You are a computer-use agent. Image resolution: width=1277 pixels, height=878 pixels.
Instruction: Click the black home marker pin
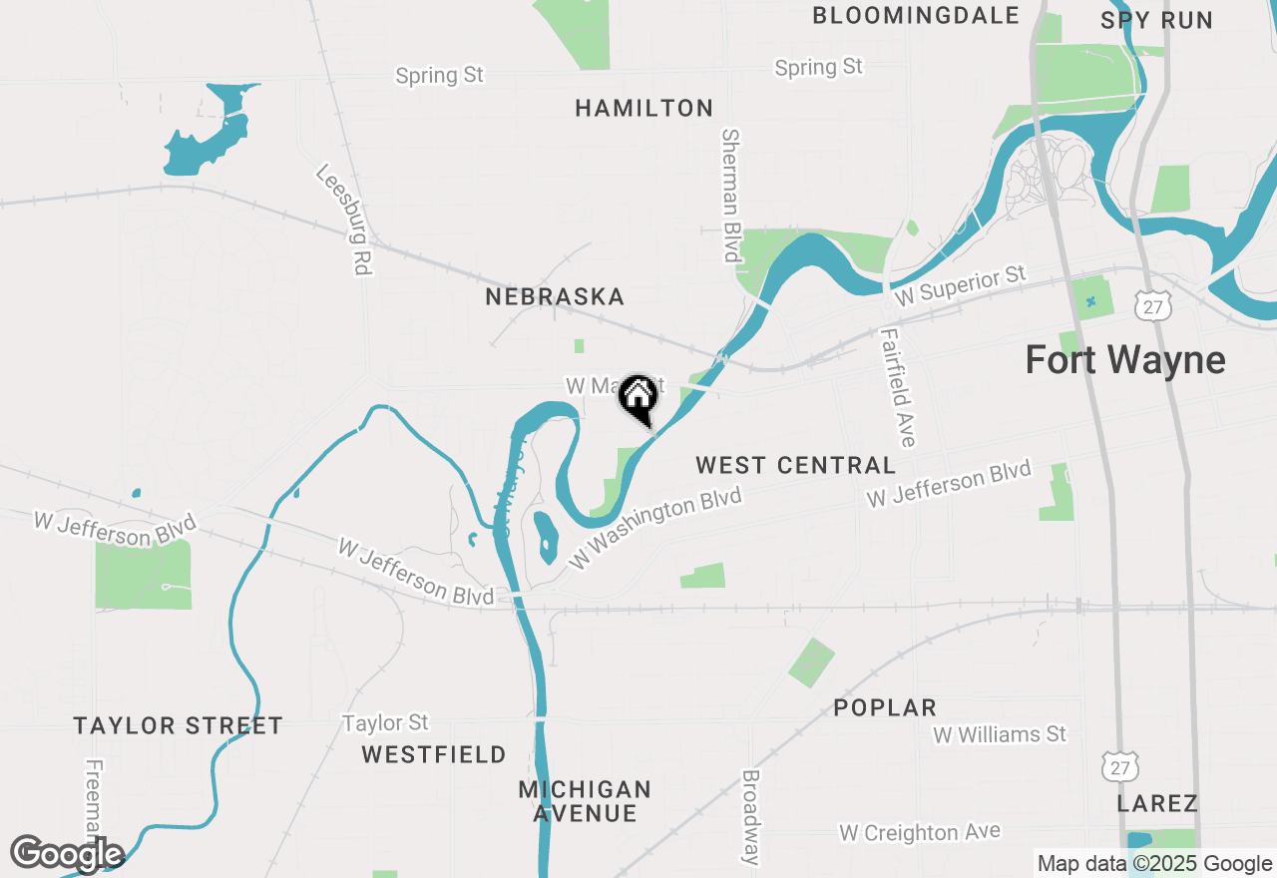point(638,399)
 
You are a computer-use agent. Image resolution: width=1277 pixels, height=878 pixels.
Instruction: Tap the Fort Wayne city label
point(1125,360)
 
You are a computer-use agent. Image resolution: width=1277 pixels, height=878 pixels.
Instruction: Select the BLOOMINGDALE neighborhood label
point(916,16)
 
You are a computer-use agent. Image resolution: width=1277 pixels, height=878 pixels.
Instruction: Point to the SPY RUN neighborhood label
point(1156,20)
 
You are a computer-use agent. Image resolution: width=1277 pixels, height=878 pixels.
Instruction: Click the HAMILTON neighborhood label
point(644,108)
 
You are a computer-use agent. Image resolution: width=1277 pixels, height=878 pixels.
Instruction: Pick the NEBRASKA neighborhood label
point(555,297)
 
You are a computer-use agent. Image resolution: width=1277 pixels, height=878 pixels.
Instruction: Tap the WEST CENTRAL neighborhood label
point(795,465)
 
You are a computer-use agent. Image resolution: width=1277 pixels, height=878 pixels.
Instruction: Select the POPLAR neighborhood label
point(885,707)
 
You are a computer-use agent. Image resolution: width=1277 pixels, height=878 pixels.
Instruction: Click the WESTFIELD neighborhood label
point(434,754)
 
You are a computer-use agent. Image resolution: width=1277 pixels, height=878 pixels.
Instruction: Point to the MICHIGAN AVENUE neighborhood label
point(585,801)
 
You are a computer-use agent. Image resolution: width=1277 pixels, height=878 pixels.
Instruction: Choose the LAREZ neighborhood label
point(1157,803)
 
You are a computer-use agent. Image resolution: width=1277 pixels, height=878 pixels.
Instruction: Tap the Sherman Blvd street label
point(731,196)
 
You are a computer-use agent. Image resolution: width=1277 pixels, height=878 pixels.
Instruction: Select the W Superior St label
point(960,286)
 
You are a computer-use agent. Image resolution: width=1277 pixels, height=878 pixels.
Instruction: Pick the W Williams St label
point(1000,735)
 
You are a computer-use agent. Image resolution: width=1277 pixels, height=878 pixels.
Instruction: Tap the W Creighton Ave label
point(919,832)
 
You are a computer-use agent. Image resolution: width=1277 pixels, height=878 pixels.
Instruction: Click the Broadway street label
point(751,816)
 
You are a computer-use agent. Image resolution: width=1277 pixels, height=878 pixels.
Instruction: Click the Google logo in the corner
point(67,854)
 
